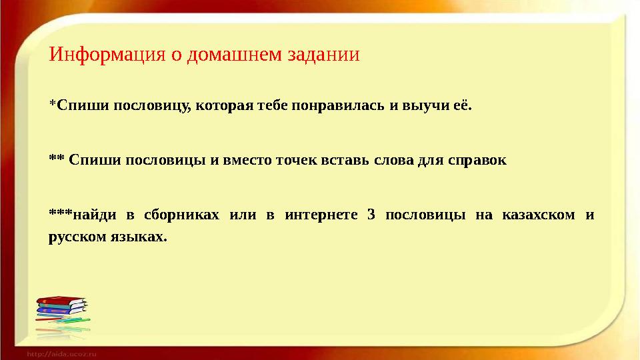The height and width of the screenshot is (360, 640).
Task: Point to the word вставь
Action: click(x=341, y=161)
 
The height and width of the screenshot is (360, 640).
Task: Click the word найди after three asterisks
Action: click(x=93, y=215)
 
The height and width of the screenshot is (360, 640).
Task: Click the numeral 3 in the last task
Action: click(x=371, y=215)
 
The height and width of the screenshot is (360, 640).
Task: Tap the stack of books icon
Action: click(x=61, y=313)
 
